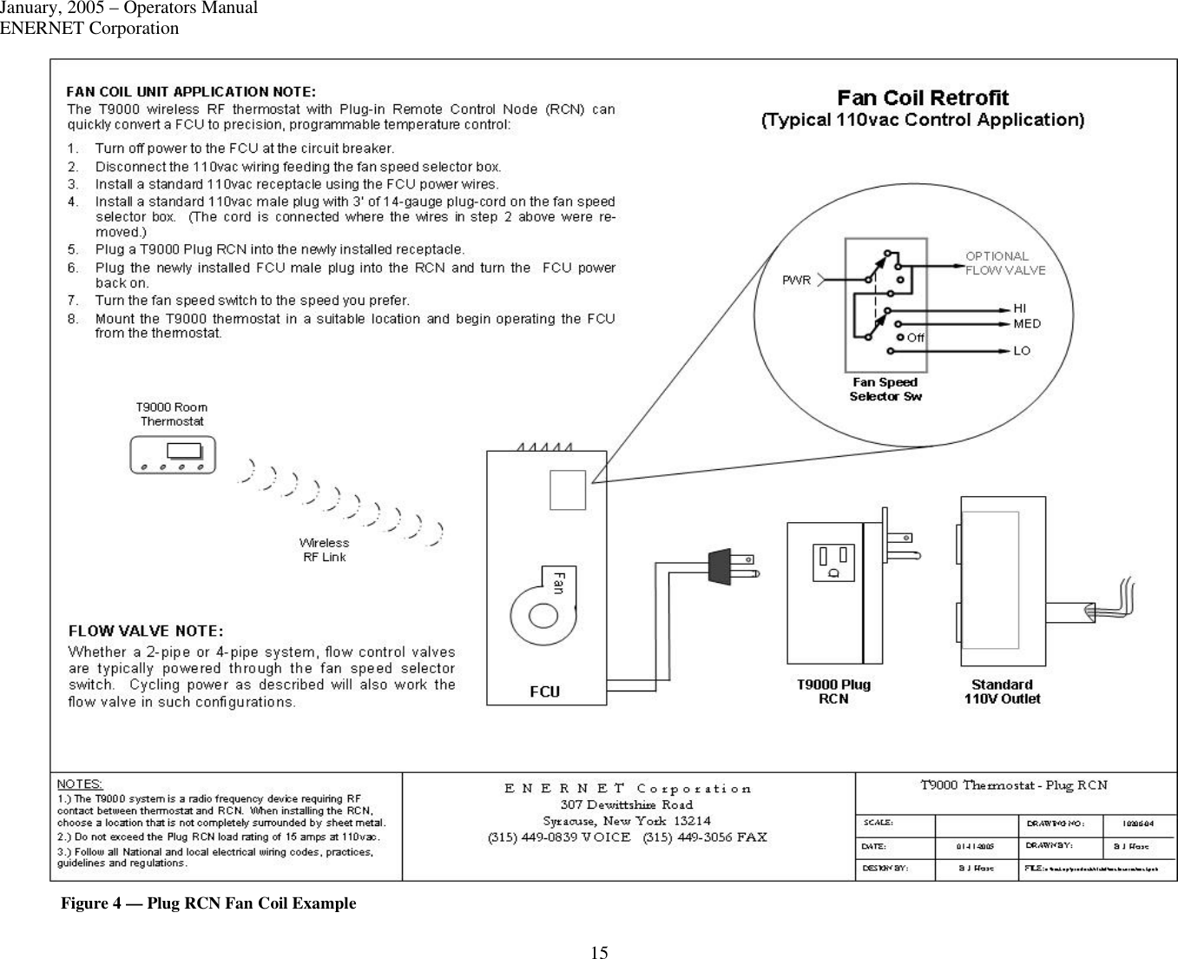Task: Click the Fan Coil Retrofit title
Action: tap(923, 98)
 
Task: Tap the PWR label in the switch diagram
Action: tap(796, 280)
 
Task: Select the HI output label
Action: tap(1021, 308)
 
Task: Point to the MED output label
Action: tap(1027, 324)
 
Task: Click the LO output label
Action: tap(1022, 351)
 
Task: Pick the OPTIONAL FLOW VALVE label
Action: tap(1005, 263)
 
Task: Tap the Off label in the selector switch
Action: tap(915, 338)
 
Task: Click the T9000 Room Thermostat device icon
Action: tap(172, 455)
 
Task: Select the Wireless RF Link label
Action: tap(324, 550)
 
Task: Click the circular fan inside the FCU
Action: tap(543, 615)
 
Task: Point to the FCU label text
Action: tap(545, 691)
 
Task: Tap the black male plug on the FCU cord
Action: tap(720, 565)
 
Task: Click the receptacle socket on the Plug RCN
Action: tap(833, 562)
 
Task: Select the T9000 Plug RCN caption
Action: tap(833, 691)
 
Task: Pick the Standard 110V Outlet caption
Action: tap(1002, 691)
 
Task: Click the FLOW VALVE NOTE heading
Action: tap(146, 631)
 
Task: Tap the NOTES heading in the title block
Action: tap(80, 784)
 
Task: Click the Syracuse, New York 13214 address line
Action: tap(627, 821)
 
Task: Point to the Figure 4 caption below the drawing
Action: tap(208, 903)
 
